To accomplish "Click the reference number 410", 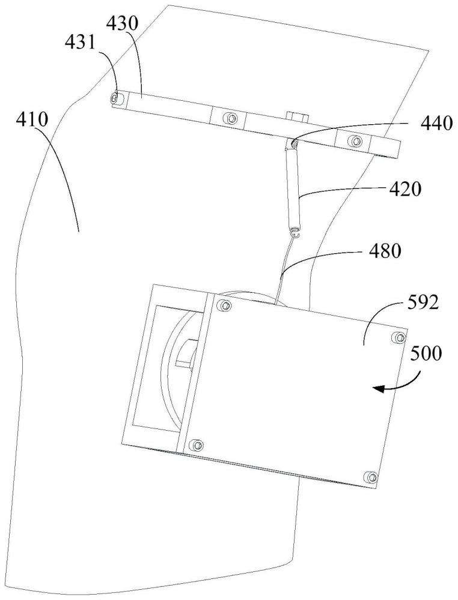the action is [x=32, y=121].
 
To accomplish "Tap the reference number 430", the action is [x=123, y=25].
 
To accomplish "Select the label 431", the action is [x=79, y=43].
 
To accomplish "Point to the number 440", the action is [x=437, y=124].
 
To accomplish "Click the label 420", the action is [x=405, y=189].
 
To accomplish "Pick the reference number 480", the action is [x=385, y=251].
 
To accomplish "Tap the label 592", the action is [x=421, y=304].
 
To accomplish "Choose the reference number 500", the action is [x=426, y=354].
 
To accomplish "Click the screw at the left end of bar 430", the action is [x=115, y=99].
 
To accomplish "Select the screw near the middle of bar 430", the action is [x=230, y=118].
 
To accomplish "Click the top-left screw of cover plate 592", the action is [x=225, y=305].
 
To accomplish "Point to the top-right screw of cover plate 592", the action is [x=399, y=337].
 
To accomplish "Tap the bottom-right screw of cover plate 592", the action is [x=371, y=477].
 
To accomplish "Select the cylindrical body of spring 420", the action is [x=293, y=188].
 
